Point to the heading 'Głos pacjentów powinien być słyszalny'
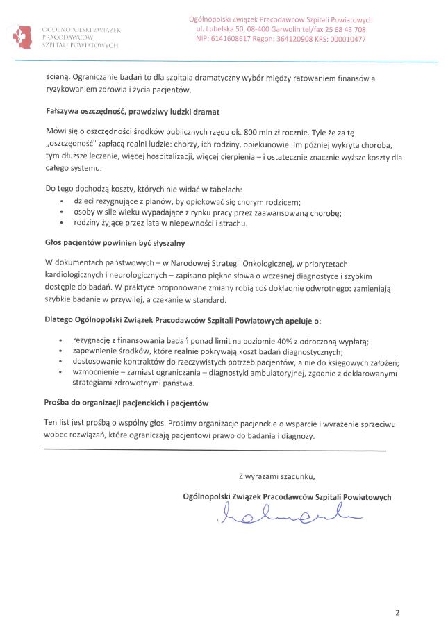point(115,244)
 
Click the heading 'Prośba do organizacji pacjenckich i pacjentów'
point(126,403)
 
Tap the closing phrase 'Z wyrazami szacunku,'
point(276,476)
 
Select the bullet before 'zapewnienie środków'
point(62,352)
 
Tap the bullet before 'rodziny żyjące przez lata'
point(62,224)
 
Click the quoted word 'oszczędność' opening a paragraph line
point(73,146)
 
